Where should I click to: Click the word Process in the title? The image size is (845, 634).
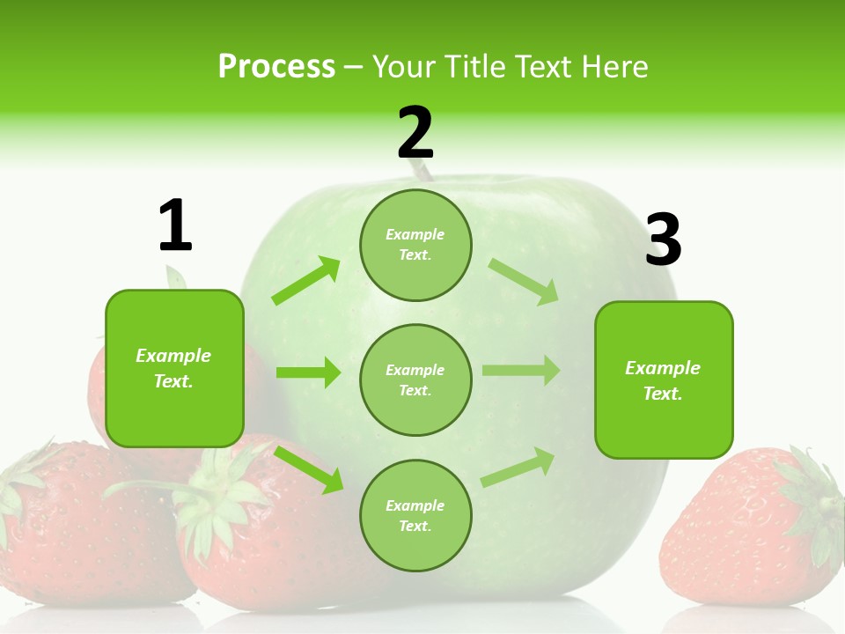tap(276, 67)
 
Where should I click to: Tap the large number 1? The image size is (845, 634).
tap(174, 225)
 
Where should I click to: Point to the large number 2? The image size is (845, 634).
tap(415, 133)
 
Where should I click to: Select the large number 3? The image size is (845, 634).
tap(663, 240)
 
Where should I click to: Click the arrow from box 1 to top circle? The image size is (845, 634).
tap(306, 282)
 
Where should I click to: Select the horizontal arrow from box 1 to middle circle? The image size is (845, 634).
tap(308, 372)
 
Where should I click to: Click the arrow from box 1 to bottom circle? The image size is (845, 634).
tap(309, 468)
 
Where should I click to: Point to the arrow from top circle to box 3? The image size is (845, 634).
tap(524, 281)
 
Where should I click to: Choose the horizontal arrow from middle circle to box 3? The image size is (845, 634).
tap(521, 371)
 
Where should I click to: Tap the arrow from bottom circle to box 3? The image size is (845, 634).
tap(518, 468)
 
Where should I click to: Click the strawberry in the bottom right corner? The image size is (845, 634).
tap(748, 528)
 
